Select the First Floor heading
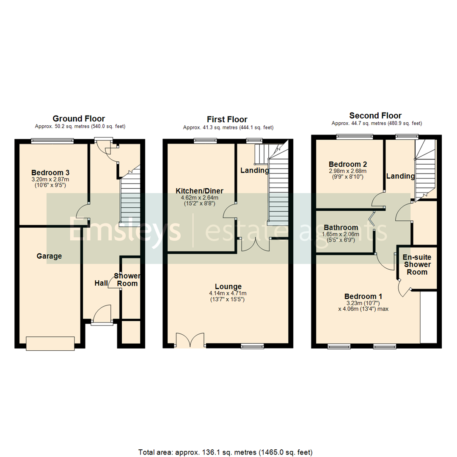click(x=227, y=119)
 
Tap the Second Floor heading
click(x=375, y=116)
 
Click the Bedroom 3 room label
click(x=50, y=173)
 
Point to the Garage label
click(x=49, y=256)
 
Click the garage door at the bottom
click(x=50, y=343)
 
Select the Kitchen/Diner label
click(x=200, y=191)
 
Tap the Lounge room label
click(x=228, y=286)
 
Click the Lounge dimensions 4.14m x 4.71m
click(x=228, y=293)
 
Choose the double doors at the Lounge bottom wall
click(x=190, y=341)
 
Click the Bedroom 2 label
click(x=348, y=164)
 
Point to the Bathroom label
click(x=341, y=228)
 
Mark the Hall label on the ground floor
click(x=101, y=283)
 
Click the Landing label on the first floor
click(x=255, y=171)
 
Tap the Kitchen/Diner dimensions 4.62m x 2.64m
click(x=200, y=198)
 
